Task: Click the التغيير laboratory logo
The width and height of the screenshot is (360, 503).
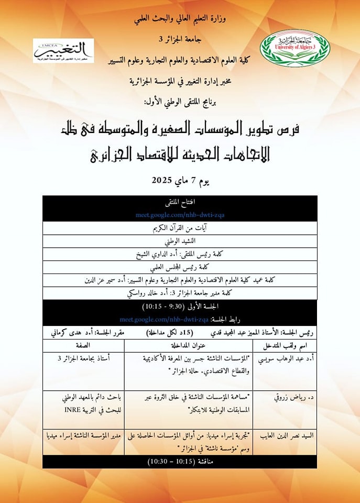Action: tap(63, 51)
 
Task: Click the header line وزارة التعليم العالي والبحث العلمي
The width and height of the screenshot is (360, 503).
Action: tap(180, 20)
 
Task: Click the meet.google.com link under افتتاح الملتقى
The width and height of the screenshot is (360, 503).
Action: tap(180, 215)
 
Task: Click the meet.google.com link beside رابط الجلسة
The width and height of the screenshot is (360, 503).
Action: tap(163, 319)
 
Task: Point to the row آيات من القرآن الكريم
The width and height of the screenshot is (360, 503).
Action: tap(180, 228)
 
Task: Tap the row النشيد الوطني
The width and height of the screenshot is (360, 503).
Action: tap(180, 242)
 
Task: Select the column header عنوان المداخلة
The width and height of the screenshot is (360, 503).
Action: tap(188, 346)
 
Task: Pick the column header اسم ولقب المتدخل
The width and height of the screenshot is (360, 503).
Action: tap(285, 346)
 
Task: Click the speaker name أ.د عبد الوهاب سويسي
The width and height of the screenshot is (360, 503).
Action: tap(284, 359)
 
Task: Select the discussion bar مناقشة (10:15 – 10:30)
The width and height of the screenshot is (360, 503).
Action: tap(180, 462)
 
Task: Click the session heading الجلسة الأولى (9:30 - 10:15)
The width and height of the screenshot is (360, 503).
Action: tap(180, 306)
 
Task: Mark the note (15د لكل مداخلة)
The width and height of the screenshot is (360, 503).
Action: tap(169, 332)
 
